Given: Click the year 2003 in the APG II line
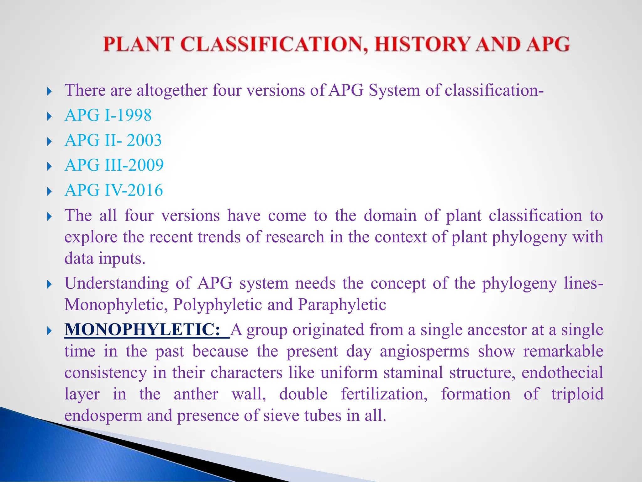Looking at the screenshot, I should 144,140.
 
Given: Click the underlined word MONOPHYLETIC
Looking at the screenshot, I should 143,330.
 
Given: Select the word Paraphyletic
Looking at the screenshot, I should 342,305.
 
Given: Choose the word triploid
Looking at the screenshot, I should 577,394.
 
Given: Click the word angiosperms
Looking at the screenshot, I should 424,351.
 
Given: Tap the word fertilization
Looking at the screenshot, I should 384,394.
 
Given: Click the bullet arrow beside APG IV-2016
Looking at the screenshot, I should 49,191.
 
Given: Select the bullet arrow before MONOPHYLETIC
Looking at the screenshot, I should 49,331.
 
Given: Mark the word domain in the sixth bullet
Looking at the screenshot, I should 390,216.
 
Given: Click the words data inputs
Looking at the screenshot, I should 105,259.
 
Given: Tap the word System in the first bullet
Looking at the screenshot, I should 394,90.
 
